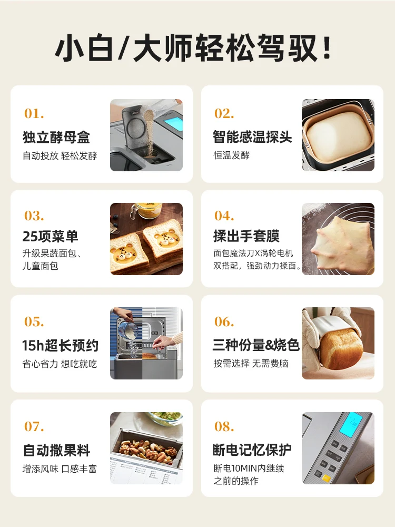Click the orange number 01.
pyautogui.click(x=34, y=113)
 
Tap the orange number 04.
pyautogui.click(x=224, y=216)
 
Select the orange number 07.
pyautogui.click(x=34, y=426)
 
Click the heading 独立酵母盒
pyautogui.click(x=56, y=138)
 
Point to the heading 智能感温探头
pyautogui.click(x=252, y=137)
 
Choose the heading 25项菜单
pyautogui.click(x=50, y=236)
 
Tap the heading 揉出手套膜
pyautogui.click(x=246, y=236)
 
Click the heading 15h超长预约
pyautogui.click(x=60, y=346)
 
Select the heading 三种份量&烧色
pyautogui.click(x=256, y=345)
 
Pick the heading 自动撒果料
pyautogui.click(x=56, y=451)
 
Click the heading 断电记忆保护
pyautogui.click(x=252, y=450)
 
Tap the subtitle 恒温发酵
pyautogui.click(x=231, y=155)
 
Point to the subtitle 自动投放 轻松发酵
pyautogui.click(x=60, y=156)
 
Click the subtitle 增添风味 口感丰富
pyautogui.click(x=60, y=469)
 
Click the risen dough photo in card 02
pyautogui.click(x=338, y=135)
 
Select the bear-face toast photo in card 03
pyautogui.click(x=146, y=239)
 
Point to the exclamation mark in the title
pyautogui.click(x=327, y=49)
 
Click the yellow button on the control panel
pyautogui.click(x=327, y=478)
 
